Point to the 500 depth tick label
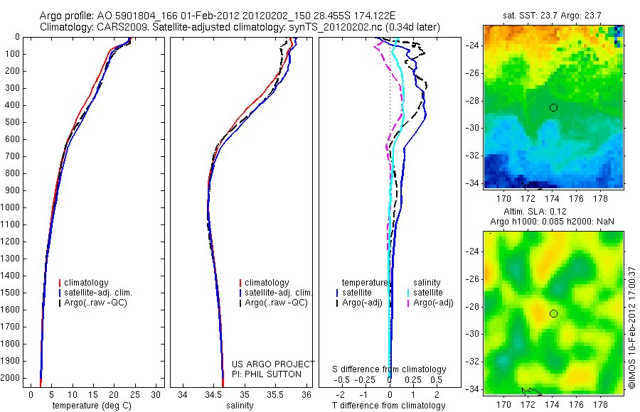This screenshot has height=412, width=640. (x=12, y=122)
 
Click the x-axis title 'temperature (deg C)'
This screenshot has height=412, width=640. (x=92, y=406)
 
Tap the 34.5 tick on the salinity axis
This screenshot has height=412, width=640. (x=213, y=395)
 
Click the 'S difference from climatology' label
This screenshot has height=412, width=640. (x=390, y=369)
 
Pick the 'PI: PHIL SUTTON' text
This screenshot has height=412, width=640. (x=267, y=374)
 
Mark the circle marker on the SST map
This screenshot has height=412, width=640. (x=553, y=107)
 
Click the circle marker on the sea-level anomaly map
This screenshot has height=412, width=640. (x=553, y=313)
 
